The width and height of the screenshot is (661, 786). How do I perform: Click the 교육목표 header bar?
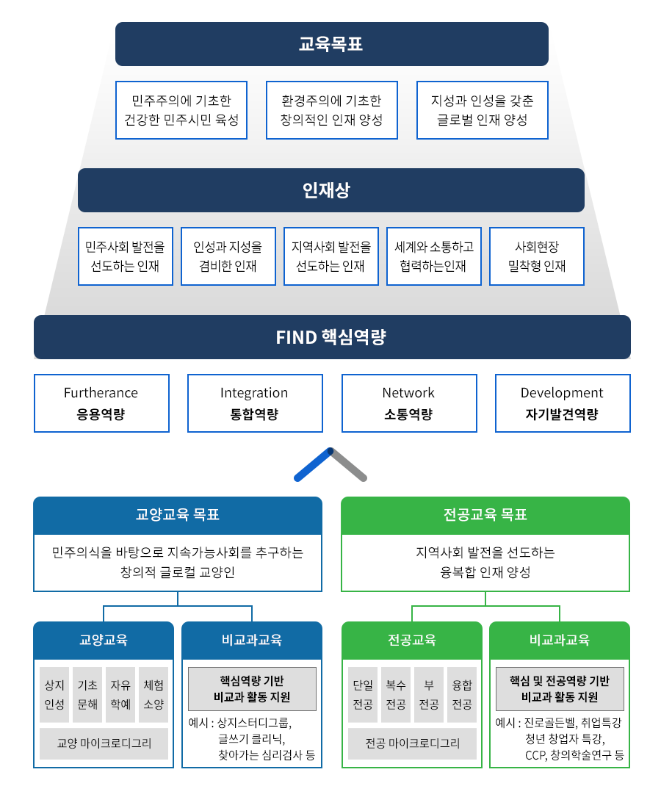pos(331,44)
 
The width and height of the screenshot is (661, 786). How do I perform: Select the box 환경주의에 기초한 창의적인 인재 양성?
pos(331,110)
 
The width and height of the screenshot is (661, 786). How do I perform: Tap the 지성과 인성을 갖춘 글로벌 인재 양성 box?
pos(482,110)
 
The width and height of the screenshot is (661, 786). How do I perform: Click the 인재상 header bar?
pos(330,191)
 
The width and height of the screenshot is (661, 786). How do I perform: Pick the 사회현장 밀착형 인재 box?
pos(537,256)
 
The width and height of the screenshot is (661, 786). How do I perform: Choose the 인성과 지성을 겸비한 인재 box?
pos(228,256)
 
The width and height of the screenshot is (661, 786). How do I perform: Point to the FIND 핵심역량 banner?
pos(331,337)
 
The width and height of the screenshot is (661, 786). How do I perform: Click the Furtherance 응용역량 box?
pos(101,403)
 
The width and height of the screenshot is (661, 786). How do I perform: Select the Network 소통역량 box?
pos(408,403)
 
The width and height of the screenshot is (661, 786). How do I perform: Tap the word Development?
pos(562,393)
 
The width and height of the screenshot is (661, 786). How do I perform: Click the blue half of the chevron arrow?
pos(313,464)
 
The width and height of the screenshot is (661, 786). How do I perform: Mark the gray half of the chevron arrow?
pos(350,464)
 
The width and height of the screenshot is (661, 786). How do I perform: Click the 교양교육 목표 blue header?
pos(178,515)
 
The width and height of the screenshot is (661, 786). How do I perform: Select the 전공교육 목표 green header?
pos(485,515)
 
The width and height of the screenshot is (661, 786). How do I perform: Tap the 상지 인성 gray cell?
pos(54,694)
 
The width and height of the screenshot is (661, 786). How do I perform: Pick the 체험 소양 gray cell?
pos(153,694)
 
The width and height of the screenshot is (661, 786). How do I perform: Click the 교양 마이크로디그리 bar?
pos(104,743)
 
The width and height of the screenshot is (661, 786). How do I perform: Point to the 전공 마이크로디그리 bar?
pos(412,743)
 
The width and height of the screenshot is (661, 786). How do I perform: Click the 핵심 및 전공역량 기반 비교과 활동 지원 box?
pos(560,688)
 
